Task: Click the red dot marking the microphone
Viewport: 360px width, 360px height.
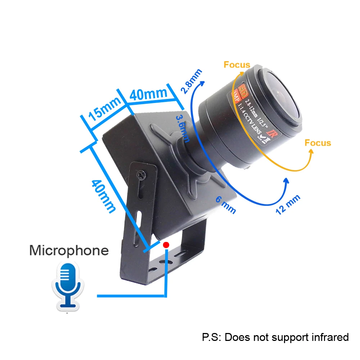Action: (166, 245)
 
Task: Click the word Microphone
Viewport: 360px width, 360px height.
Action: (68, 250)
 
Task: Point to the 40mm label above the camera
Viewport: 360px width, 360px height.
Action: (148, 94)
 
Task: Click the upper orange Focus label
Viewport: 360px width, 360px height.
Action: (237, 65)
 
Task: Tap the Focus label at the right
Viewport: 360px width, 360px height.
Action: (318, 143)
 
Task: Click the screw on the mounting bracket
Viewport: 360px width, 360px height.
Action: (141, 175)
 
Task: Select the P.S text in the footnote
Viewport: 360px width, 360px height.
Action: (211, 337)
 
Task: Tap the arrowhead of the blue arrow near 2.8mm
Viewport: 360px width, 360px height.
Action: (202, 83)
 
